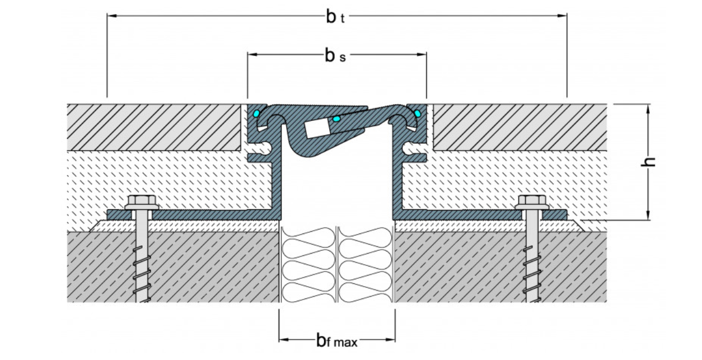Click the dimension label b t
click(335, 16)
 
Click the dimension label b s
click(335, 55)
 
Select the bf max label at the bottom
click(336, 339)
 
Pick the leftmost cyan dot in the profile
click(256, 114)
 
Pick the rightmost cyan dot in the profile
click(417, 114)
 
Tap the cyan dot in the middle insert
click(336, 119)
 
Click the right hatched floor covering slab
click(521, 127)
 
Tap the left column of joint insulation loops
click(307, 263)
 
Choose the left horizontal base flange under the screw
click(190, 214)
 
